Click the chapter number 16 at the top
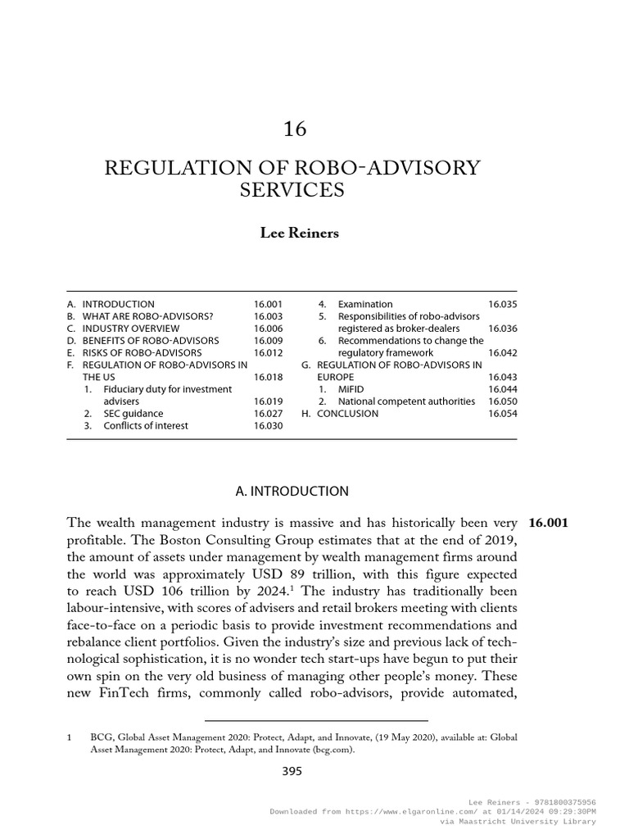(x=294, y=129)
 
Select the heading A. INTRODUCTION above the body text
(x=292, y=491)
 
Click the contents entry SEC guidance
(x=133, y=414)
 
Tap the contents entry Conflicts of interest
(x=145, y=426)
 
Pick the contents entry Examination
(x=365, y=304)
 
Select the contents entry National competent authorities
(x=406, y=401)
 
